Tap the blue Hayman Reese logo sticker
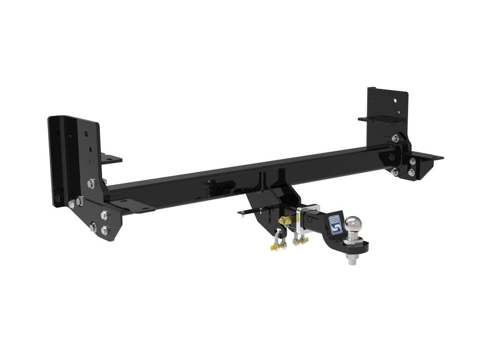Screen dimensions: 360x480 (336, 224)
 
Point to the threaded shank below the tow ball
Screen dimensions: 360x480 (352, 261)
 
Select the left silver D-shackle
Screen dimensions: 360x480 (279, 240)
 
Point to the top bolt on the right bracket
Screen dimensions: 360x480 (395, 139)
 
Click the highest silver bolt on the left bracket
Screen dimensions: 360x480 (91, 183)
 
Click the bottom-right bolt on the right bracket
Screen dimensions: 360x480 (411, 172)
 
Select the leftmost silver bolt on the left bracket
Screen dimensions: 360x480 (72, 204)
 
